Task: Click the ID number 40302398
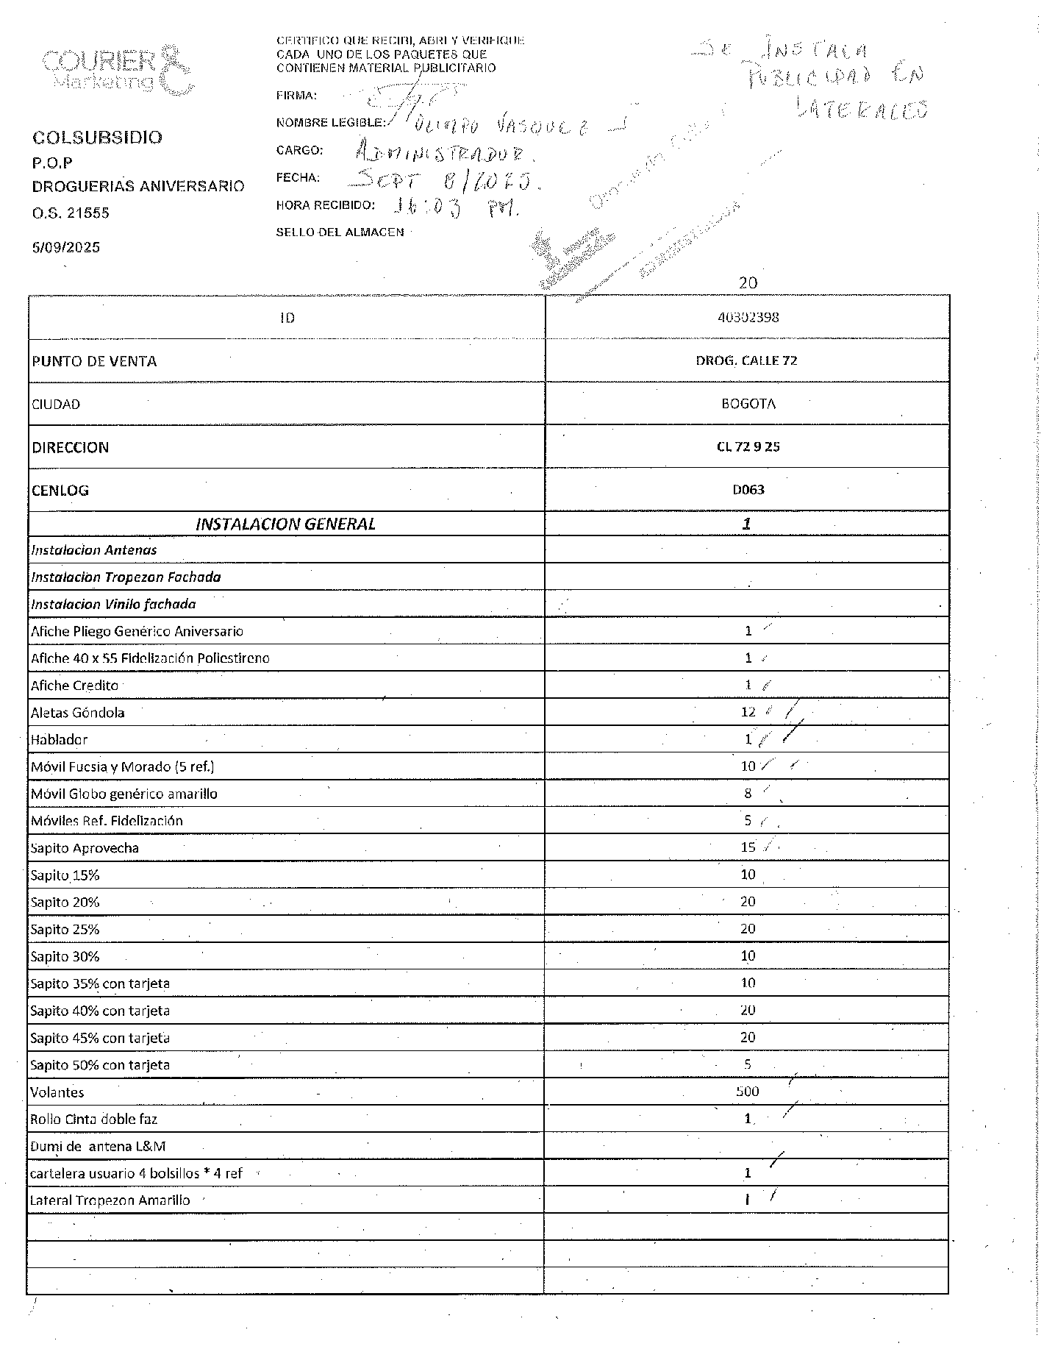748,318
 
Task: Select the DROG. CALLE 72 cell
746,360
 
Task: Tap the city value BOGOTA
748,404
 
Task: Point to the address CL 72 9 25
748,446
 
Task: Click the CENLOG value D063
748,489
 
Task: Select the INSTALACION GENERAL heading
285,524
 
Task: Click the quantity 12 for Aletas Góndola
748,712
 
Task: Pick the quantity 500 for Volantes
747,1092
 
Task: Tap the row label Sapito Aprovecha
85,847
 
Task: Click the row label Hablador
59,739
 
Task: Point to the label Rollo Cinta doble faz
93,1119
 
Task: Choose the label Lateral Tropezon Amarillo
110,1200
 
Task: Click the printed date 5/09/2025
66,247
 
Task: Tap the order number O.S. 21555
71,213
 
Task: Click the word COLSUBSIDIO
97,138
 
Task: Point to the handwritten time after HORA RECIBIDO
456,209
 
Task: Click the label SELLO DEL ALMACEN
340,232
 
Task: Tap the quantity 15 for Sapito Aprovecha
748,847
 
